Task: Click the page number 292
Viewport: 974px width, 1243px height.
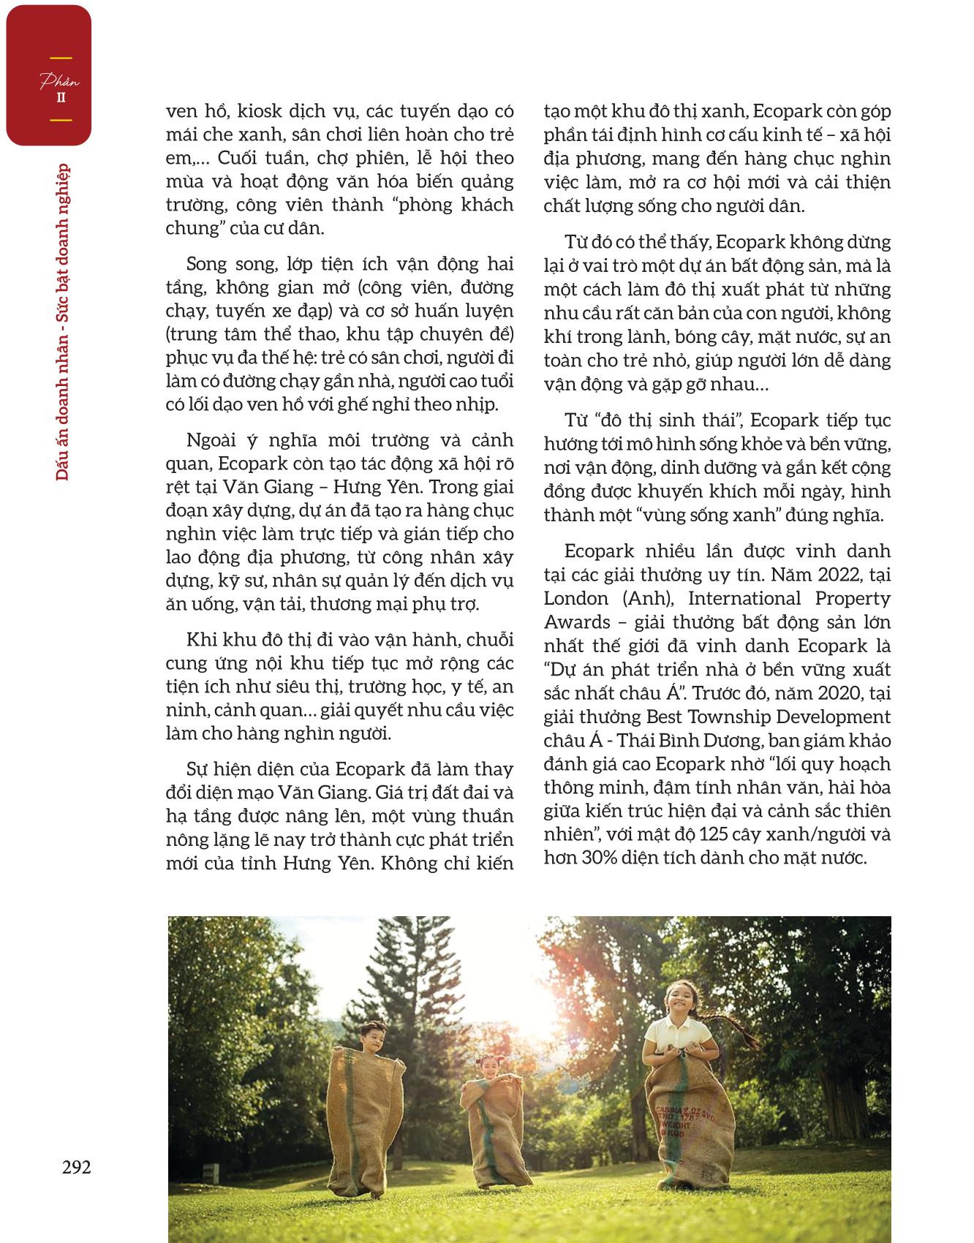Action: click(76, 1167)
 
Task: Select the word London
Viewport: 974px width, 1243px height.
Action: click(576, 598)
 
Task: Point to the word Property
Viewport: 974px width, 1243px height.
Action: click(856, 598)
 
